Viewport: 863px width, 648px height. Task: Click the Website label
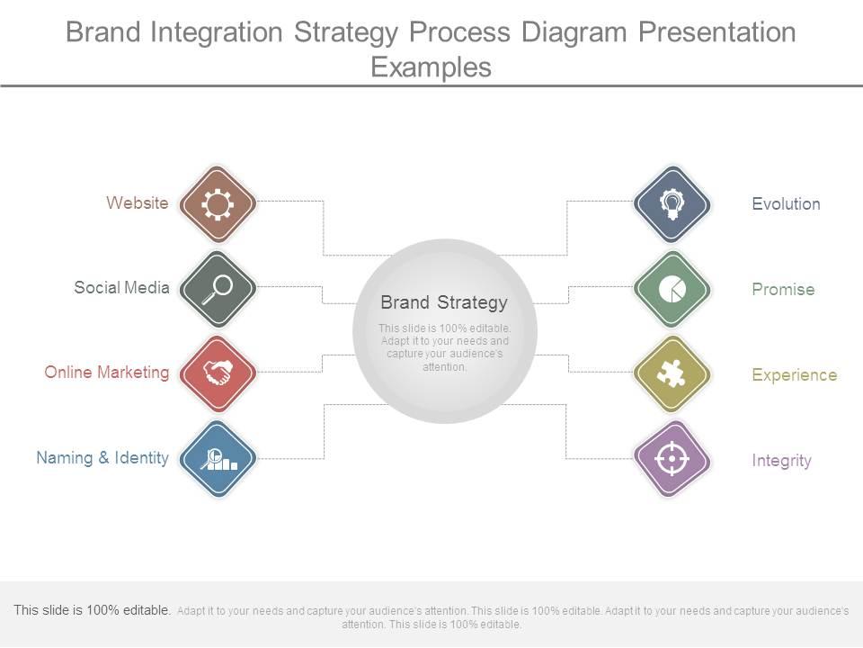pos(137,203)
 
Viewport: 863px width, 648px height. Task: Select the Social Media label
pos(121,288)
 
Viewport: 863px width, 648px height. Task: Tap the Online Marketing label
pos(107,373)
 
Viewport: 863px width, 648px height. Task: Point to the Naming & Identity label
pos(102,458)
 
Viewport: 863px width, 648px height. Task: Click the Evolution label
pos(786,204)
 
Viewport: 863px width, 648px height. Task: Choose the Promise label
pos(783,290)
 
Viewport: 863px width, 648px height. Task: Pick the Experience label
pos(794,375)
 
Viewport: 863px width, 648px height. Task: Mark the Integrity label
pos(781,461)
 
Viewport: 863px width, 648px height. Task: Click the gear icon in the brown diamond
pos(218,204)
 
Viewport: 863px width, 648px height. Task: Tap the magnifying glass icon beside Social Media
pos(218,289)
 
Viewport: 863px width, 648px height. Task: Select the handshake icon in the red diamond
pos(218,373)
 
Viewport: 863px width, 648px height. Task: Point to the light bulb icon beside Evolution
pos(672,204)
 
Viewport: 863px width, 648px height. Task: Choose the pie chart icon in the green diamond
pos(672,289)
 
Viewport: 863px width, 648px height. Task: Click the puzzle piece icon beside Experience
pos(672,373)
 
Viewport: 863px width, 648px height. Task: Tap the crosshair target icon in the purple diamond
pos(672,459)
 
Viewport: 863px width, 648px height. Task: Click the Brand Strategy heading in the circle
pos(444,302)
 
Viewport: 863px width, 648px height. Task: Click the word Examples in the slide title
pos(431,67)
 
